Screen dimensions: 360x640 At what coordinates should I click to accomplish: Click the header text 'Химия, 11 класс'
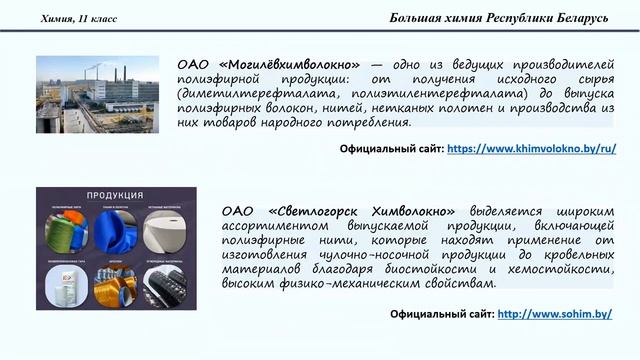(78, 19)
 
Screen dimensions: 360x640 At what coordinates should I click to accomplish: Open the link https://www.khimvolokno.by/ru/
(531, 148)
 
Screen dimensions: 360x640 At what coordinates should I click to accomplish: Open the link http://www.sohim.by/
(555, 314)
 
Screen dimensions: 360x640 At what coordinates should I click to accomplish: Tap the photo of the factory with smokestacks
(97, 93)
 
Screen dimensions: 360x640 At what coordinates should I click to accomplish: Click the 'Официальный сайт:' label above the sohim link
(440, 314)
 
